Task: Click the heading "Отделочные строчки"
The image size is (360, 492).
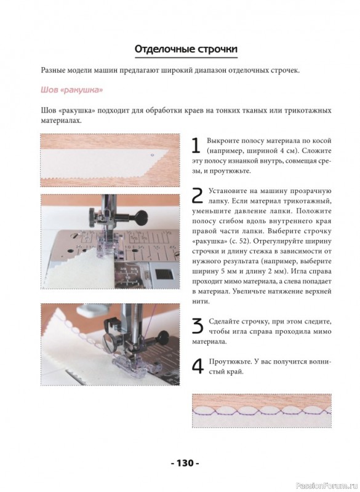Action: pos(186,49)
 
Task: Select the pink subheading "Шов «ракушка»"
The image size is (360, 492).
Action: pos(72,90)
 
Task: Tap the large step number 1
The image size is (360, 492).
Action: pos(196,146)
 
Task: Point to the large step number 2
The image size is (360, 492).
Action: pos(198,196)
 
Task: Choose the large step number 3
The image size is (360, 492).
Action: pos(198,327)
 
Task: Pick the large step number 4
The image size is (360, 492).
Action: pos(198,367)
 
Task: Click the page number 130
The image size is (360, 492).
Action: pos(185,463)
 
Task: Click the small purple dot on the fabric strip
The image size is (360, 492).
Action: pos(152,155)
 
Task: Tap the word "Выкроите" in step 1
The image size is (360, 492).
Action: pos(220,141)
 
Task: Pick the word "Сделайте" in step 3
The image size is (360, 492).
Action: pos(223,321)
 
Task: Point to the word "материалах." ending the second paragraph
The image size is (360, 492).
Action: pos(61,121)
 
